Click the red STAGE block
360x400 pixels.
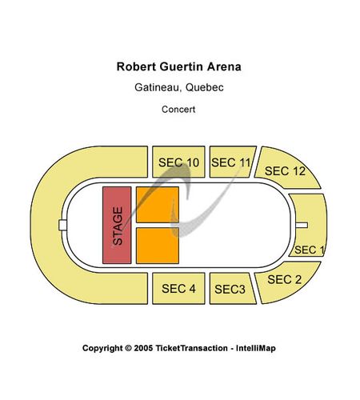pyautogui.click(x=117, y=226)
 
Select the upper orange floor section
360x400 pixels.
pyautogui.click(x=158, y=205)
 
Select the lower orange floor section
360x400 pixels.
pyautogui.click(x=158, y=246)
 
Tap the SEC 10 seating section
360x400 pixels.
pyautogui.click(x=178, y=162)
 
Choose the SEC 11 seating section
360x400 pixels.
pyautogui.click(x=231, y=162)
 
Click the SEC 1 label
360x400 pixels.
pyautogui.click(x=309, y=250)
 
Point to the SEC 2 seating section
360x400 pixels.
pyautogui.click(x=286, y=282)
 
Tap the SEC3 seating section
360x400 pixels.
pyautogui.click(x=231, y=288)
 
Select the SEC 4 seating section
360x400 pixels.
pyautogui.click(x=178, y=288)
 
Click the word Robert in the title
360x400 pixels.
pyautogui.click(x=136, y=66)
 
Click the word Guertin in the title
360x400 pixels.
pyautogui.click(x=182, y=66)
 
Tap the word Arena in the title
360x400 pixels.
pyautogui.click(x=224, y=66)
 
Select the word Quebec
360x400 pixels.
pyautogui.click(x=205, y=87)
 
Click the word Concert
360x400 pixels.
pyautogui.click(x=178, y=110)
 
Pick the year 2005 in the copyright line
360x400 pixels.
pyautogui.click(x=143, y=348)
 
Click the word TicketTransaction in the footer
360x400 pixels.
pyautogui.click(x=191, y=348)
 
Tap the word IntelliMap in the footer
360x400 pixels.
pyautogui.click(x=256, y=348)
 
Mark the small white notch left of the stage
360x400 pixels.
pyautogui.click(x=62, y=226)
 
